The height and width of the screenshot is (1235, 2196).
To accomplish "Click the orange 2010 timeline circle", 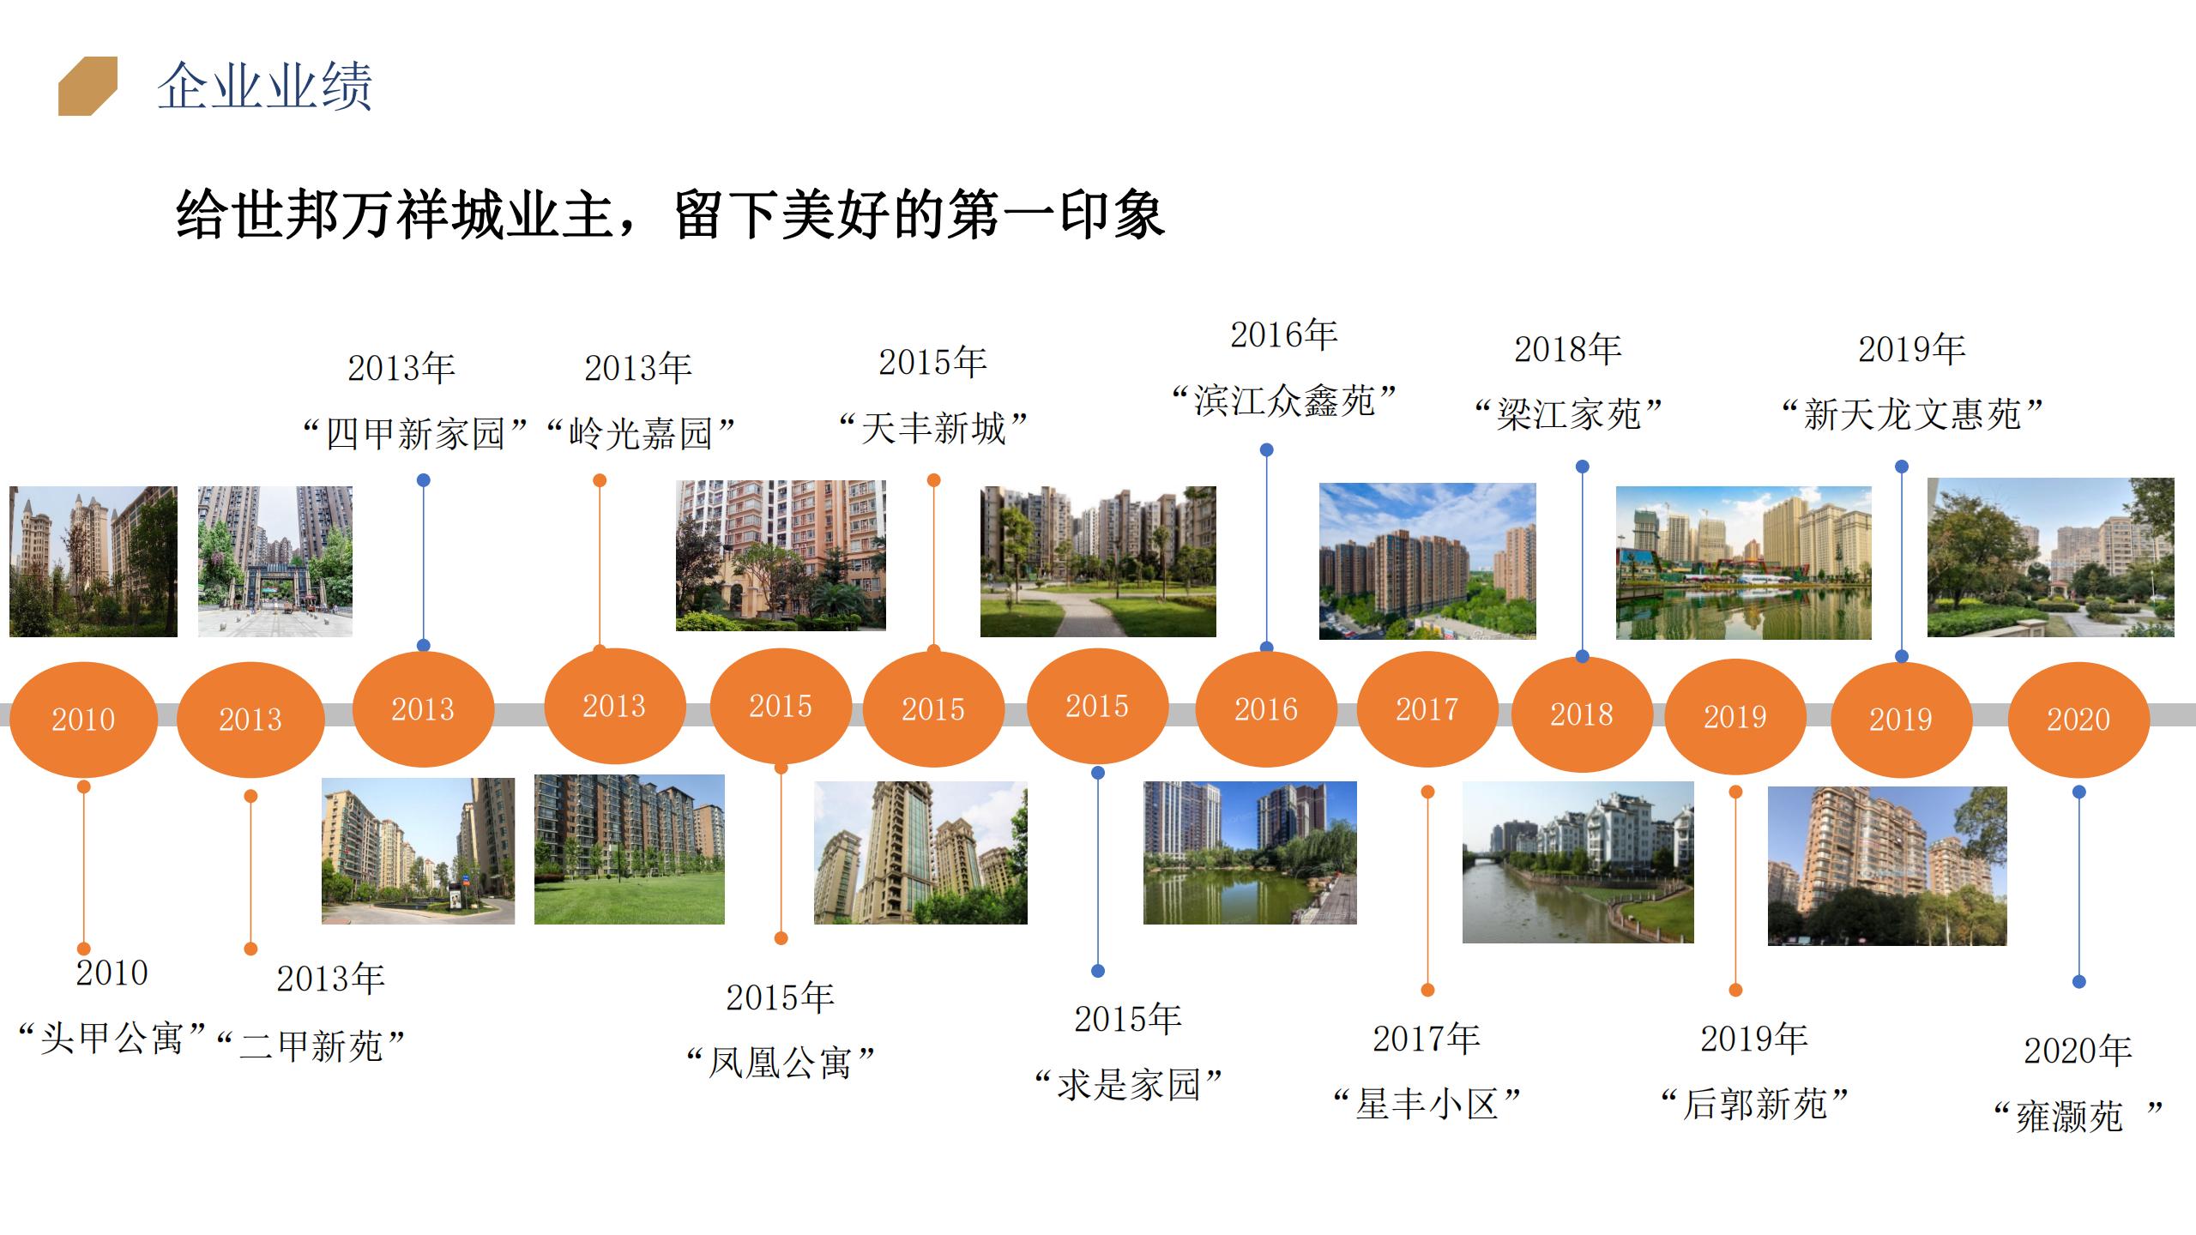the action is pos(83,719).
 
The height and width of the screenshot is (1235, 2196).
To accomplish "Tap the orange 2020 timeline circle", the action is pos(2078,719).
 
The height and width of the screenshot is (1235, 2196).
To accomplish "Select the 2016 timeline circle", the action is pos(1266,708).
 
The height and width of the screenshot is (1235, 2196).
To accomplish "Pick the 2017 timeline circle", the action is pos(1427,708).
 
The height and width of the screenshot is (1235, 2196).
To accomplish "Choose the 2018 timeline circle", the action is pos(1582,714).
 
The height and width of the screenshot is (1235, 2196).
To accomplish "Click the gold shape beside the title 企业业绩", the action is pos(87,86).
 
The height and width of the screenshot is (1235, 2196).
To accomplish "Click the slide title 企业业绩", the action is pos(265,86).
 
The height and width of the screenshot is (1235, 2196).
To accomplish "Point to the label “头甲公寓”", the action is pos(112,1039).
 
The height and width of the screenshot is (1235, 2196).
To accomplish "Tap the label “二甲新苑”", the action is pos(311,1045).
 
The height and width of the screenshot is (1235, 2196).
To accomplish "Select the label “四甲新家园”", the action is pos(415,433).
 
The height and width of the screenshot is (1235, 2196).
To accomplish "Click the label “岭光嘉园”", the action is pos(641,433).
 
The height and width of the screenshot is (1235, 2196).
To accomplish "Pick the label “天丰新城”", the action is pos(933,428).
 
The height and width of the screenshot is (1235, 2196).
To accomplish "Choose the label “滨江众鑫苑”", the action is pos(1285,400).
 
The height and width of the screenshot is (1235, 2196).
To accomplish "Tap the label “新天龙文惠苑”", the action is pos(1912,414).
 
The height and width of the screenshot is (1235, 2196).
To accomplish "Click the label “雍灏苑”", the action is pos(2078,1116).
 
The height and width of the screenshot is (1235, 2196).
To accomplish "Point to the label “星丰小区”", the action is pos(1427,1104).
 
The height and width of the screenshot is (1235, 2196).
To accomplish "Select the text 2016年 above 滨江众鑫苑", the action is pos(1284,334).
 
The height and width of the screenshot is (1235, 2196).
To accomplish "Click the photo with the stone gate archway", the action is pos(275,562).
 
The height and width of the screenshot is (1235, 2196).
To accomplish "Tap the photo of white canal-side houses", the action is pos(1578,862).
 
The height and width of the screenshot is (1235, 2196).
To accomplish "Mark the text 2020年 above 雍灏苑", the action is pos(2078,1051).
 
